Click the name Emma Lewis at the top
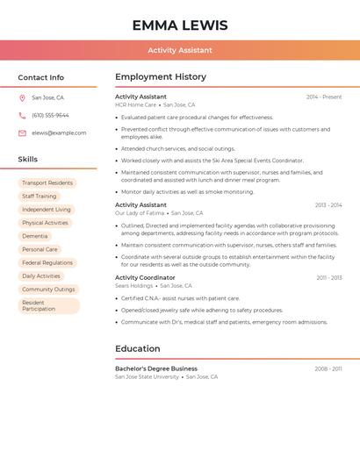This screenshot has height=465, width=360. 180,25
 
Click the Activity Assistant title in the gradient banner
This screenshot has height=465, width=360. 180,51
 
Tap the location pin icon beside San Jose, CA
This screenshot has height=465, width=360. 22,98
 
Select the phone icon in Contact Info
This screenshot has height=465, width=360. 22,116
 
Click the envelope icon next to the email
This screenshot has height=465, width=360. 22,133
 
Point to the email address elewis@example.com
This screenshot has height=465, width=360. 59,133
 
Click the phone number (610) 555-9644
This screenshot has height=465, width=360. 50,116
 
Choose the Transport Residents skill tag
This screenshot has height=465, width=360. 47,183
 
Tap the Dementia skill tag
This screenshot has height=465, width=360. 35,236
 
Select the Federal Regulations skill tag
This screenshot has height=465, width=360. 47,262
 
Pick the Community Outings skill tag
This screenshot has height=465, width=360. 48,289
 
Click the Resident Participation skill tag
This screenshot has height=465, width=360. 48,305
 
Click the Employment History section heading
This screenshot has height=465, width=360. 161,77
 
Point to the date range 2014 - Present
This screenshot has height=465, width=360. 324,97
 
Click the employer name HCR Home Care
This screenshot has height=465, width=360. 135,105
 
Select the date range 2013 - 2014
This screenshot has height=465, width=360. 328,205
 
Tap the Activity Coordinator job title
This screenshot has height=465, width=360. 145,278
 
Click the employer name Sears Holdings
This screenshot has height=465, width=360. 134,286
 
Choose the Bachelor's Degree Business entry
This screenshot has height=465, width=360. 156,369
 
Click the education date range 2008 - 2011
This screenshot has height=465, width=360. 328,369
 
